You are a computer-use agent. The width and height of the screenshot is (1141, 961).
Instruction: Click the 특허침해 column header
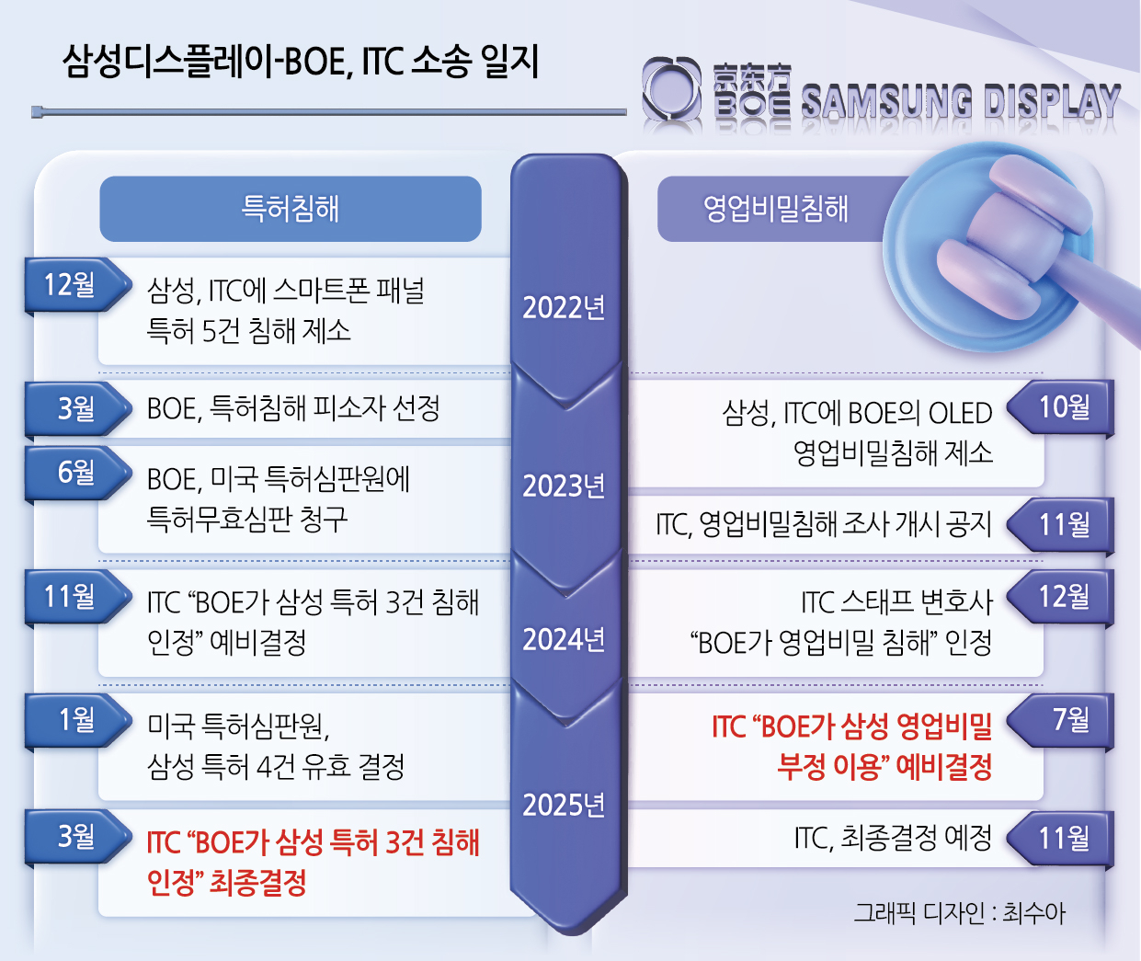291,209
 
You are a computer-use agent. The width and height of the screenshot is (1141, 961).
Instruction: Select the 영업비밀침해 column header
775,209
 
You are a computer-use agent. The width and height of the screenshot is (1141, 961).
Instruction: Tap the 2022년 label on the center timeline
564,307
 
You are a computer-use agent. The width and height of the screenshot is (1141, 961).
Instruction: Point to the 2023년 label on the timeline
564,486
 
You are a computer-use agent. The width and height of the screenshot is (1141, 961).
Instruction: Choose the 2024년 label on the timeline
564,639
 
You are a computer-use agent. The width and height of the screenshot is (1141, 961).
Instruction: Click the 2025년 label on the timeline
564,805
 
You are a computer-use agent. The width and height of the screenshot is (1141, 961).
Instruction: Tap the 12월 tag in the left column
77,285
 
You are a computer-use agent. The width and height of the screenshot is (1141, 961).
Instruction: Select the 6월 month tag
77,473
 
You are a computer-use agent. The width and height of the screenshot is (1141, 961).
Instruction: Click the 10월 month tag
1060,407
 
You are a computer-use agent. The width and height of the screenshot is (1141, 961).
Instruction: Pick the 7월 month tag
1060,720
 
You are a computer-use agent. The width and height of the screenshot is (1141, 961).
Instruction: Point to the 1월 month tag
77,719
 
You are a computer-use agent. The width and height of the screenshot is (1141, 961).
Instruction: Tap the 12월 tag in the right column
1060,597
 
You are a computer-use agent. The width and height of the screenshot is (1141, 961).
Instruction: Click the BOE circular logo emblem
671,89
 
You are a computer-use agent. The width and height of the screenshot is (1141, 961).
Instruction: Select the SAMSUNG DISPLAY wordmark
961,102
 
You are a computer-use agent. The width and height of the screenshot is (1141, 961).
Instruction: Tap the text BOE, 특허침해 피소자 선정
293,408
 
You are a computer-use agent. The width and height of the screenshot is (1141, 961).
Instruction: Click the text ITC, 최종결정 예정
893,838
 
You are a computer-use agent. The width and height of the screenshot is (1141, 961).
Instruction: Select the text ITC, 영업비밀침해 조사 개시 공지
824,524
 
